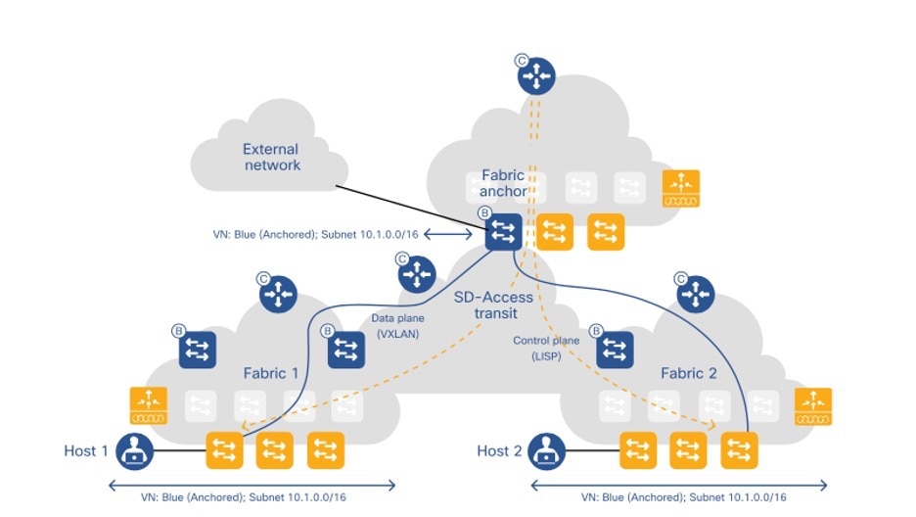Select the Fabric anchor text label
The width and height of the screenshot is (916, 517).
pos(503,183)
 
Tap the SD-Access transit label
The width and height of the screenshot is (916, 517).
pos(493,305)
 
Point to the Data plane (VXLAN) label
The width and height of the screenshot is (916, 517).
pos(396,326)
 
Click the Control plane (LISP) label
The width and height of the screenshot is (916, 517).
pos(547,347)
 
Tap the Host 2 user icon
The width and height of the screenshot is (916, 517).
pos(547,451)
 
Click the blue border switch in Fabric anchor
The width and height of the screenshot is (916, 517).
pos(505,231)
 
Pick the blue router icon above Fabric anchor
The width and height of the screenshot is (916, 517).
pos(536,74)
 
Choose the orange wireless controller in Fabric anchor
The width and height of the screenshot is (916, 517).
pos(681,188)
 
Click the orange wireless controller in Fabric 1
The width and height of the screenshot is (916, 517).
pos(150,405)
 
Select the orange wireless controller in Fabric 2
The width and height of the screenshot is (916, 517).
pos(812,405)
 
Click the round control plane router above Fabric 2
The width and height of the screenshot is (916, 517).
pos(697,293)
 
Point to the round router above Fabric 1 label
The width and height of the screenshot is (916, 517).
pos(278,293)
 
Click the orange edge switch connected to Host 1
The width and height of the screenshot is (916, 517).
pos(225,450)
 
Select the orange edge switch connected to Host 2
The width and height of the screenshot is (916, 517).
pos(638,450)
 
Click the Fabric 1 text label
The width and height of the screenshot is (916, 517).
pos(271,373)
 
